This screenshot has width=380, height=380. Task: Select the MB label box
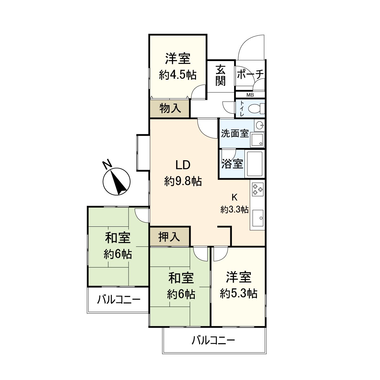tap(250, 95)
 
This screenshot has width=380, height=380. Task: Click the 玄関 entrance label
tap(220, 75)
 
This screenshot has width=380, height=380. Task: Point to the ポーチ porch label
tap(250, 75)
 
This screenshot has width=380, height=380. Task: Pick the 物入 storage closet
tap(170, 109)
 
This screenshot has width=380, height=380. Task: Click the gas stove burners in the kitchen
tap(257, 189)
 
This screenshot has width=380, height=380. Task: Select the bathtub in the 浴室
tap(255, 164)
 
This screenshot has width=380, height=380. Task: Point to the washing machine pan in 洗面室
tap(257, 140)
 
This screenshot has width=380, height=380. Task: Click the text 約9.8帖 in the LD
tap(183, 181)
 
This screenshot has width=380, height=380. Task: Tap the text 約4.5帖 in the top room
tap(178, 75)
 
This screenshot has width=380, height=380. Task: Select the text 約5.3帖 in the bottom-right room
tap(238, 294)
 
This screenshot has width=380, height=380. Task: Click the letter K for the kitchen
tap(234, 197)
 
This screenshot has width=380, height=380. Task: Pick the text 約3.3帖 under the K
tap(234, 209)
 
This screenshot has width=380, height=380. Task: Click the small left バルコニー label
tap(118, 299)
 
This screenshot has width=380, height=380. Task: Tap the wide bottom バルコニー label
tap(213, 341)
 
